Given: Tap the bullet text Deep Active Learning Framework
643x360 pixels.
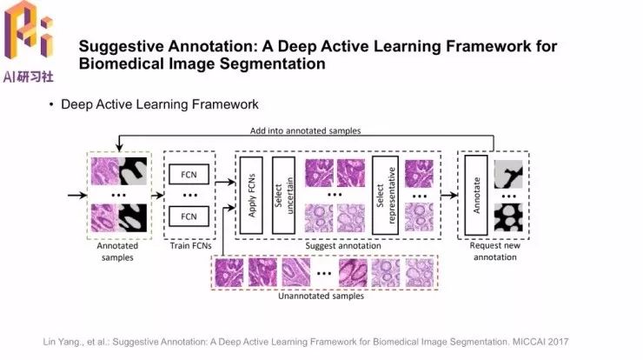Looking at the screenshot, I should point(160,104).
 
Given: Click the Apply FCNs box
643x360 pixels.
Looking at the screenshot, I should point(252,195).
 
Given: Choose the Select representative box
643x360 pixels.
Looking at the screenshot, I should point(384,195).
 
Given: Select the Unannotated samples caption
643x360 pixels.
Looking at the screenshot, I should point(321,296).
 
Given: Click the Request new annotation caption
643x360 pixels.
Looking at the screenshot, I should point(493,251).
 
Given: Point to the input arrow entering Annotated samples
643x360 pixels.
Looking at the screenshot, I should point(76,194).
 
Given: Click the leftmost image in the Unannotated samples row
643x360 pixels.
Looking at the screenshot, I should point(230,271).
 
